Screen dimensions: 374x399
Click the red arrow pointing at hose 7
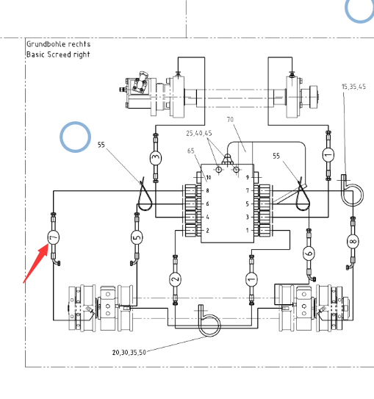(35, 263)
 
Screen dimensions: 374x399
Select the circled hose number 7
(53, 237)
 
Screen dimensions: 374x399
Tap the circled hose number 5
(137, 237)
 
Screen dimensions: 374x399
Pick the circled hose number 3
(156, 158)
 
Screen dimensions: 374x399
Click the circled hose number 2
(175, 279)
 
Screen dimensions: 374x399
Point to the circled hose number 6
(309, 254)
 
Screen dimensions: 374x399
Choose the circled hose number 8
(353, 241)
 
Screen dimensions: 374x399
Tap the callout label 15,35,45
(353, 87)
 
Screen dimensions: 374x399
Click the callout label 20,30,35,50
(129, 352)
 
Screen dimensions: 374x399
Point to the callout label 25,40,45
(198, 133)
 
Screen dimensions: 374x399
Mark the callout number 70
(230, 119)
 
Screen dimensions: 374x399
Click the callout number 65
(191, 151)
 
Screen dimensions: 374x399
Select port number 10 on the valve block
(209, 177)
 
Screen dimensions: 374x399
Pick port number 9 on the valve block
(248, 177)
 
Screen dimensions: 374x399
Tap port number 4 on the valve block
(208, 217)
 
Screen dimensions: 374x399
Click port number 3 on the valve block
(248, 217)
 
